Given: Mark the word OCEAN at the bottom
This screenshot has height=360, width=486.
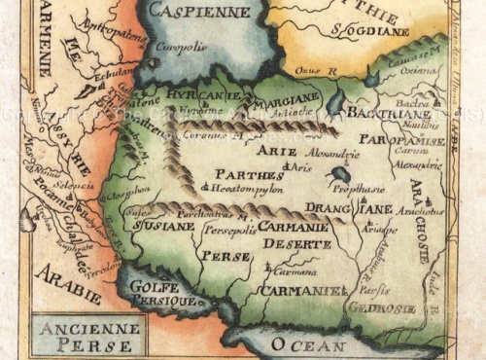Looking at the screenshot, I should pyautogui.click(x=307, y=344).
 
